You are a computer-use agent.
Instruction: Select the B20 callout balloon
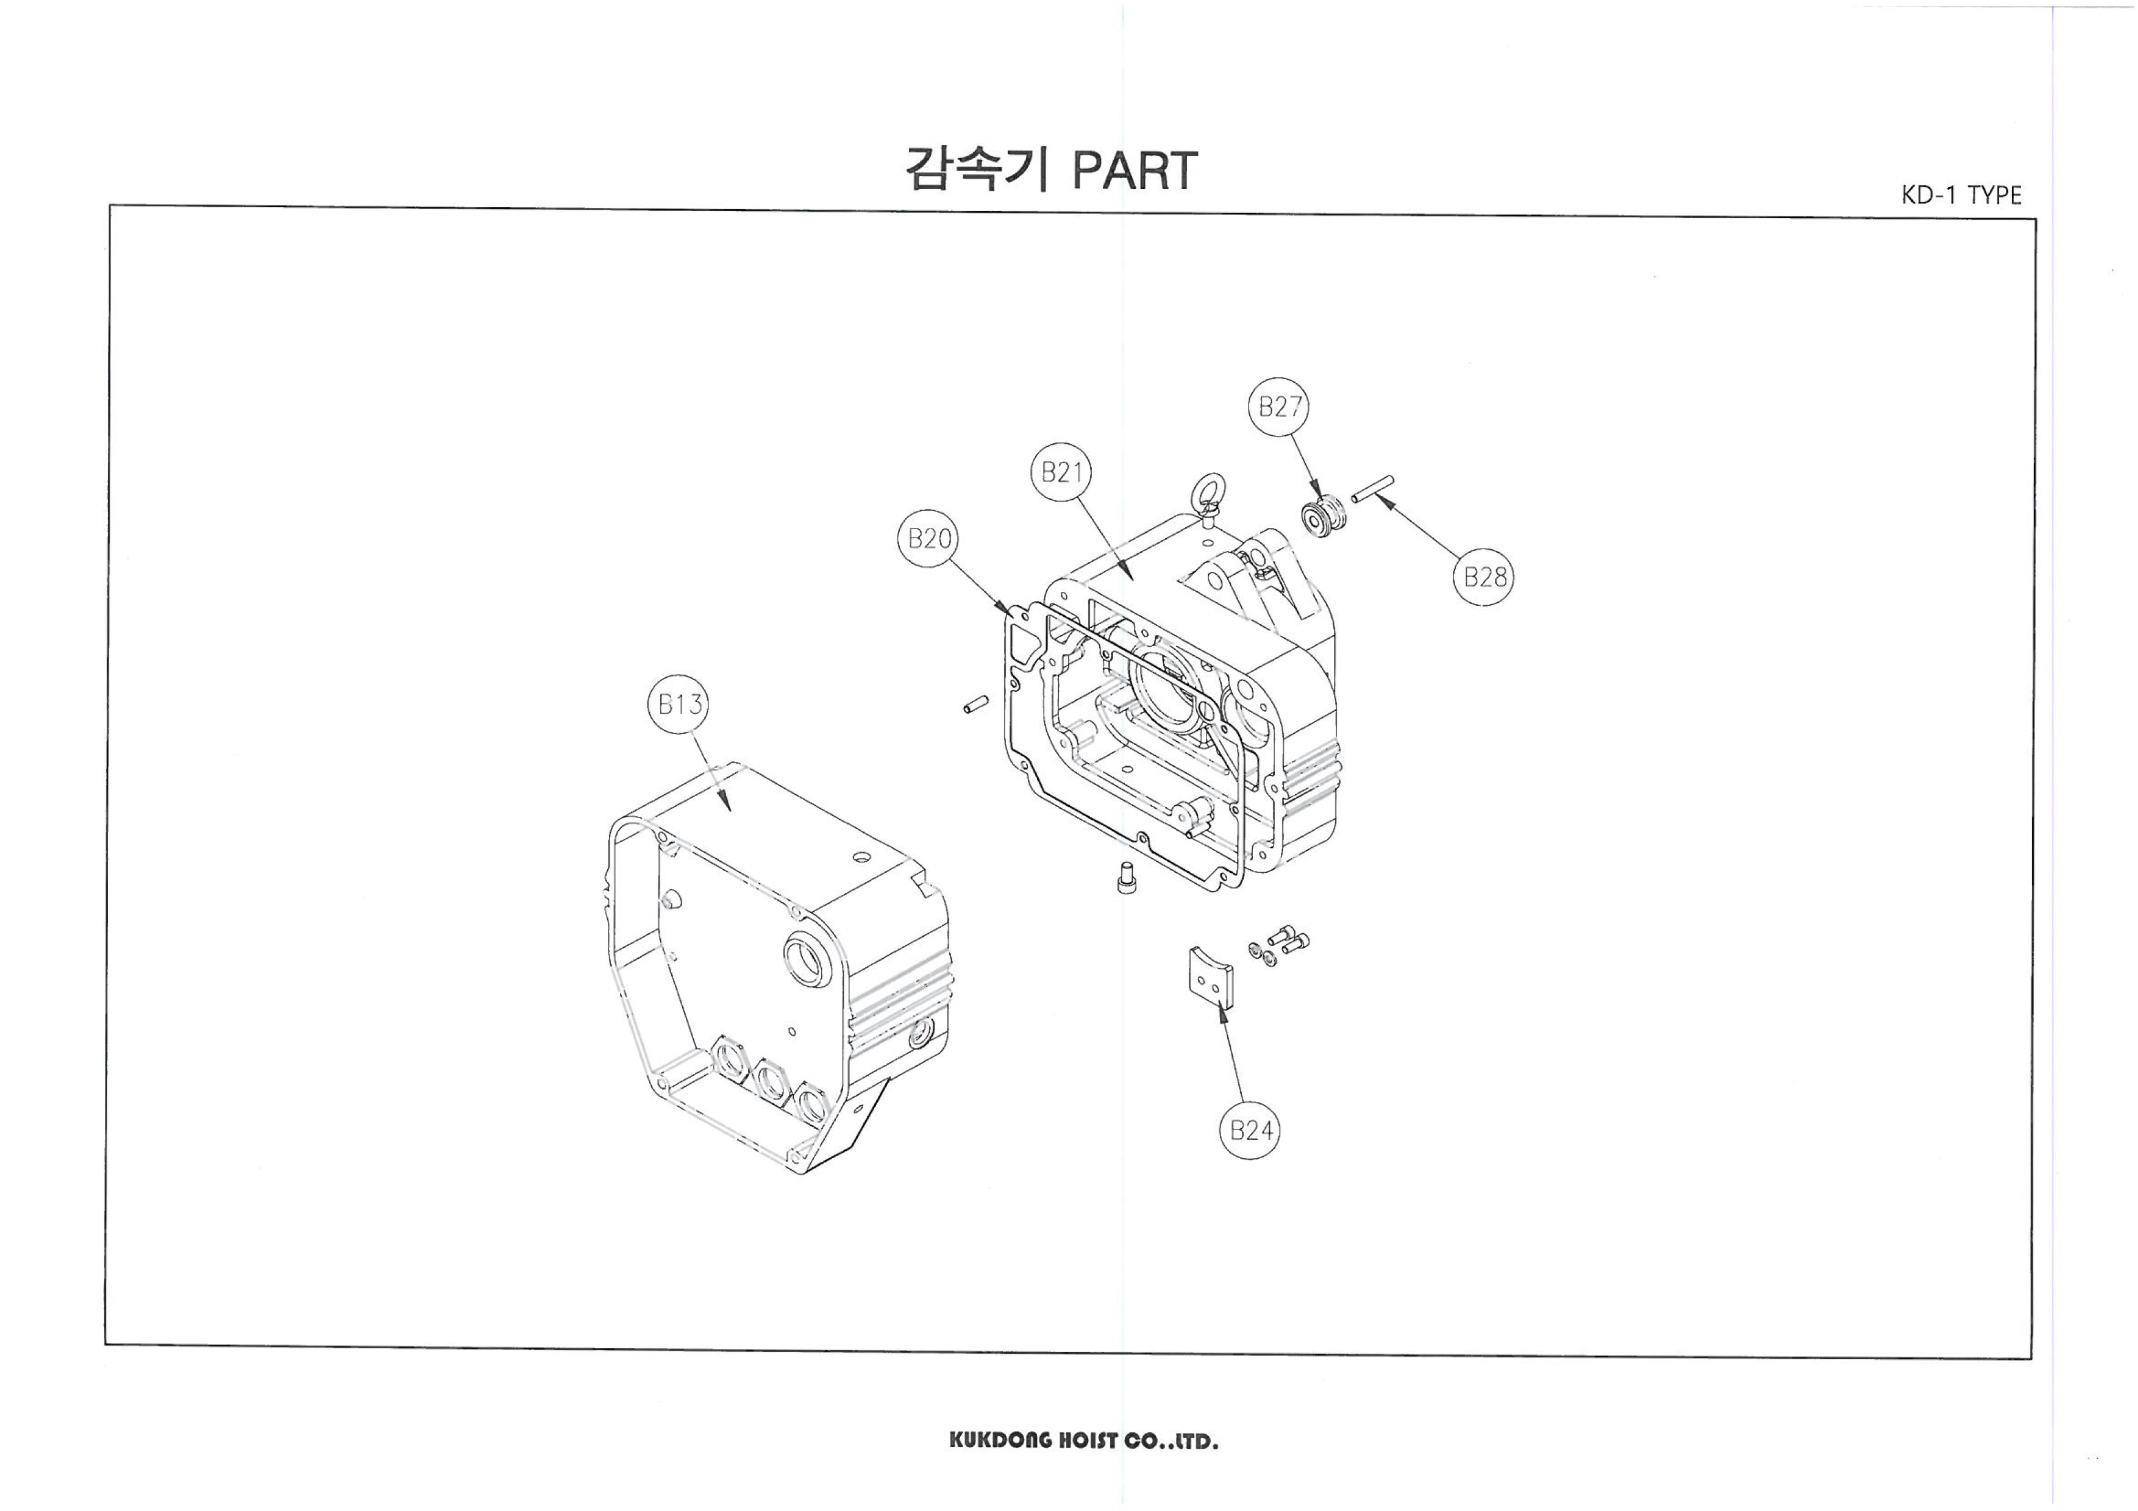pos(928,539)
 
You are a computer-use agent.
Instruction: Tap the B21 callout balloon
pos(1061,473)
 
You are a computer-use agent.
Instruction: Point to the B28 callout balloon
pos(1483,577)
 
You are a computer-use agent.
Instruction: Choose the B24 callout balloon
pos(1250,1130)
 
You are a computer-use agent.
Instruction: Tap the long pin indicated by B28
pos(1372,488)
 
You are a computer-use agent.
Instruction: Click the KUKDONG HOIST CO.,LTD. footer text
pos(1083,1441)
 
